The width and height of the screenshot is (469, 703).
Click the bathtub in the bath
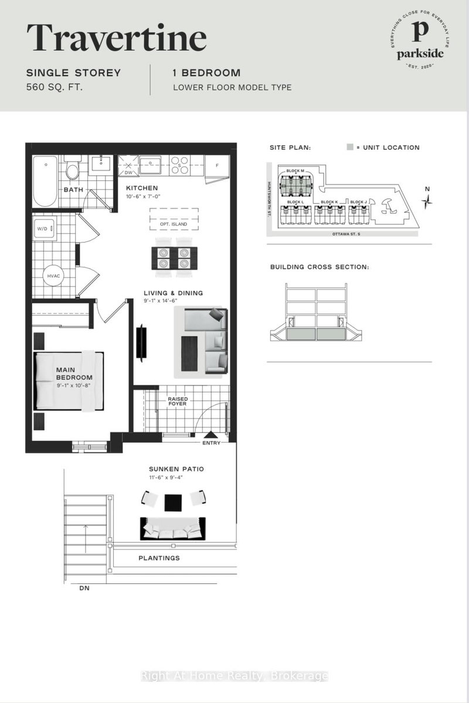[44, 180]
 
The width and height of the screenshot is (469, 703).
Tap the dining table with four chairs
[174, 257]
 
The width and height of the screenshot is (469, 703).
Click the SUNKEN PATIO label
[175, 469]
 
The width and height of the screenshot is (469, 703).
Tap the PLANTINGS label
[159, 558]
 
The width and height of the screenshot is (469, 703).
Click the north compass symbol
[429, 200]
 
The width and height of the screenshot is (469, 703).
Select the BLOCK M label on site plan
[295, 171]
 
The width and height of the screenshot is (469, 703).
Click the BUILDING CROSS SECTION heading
[320, 267]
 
